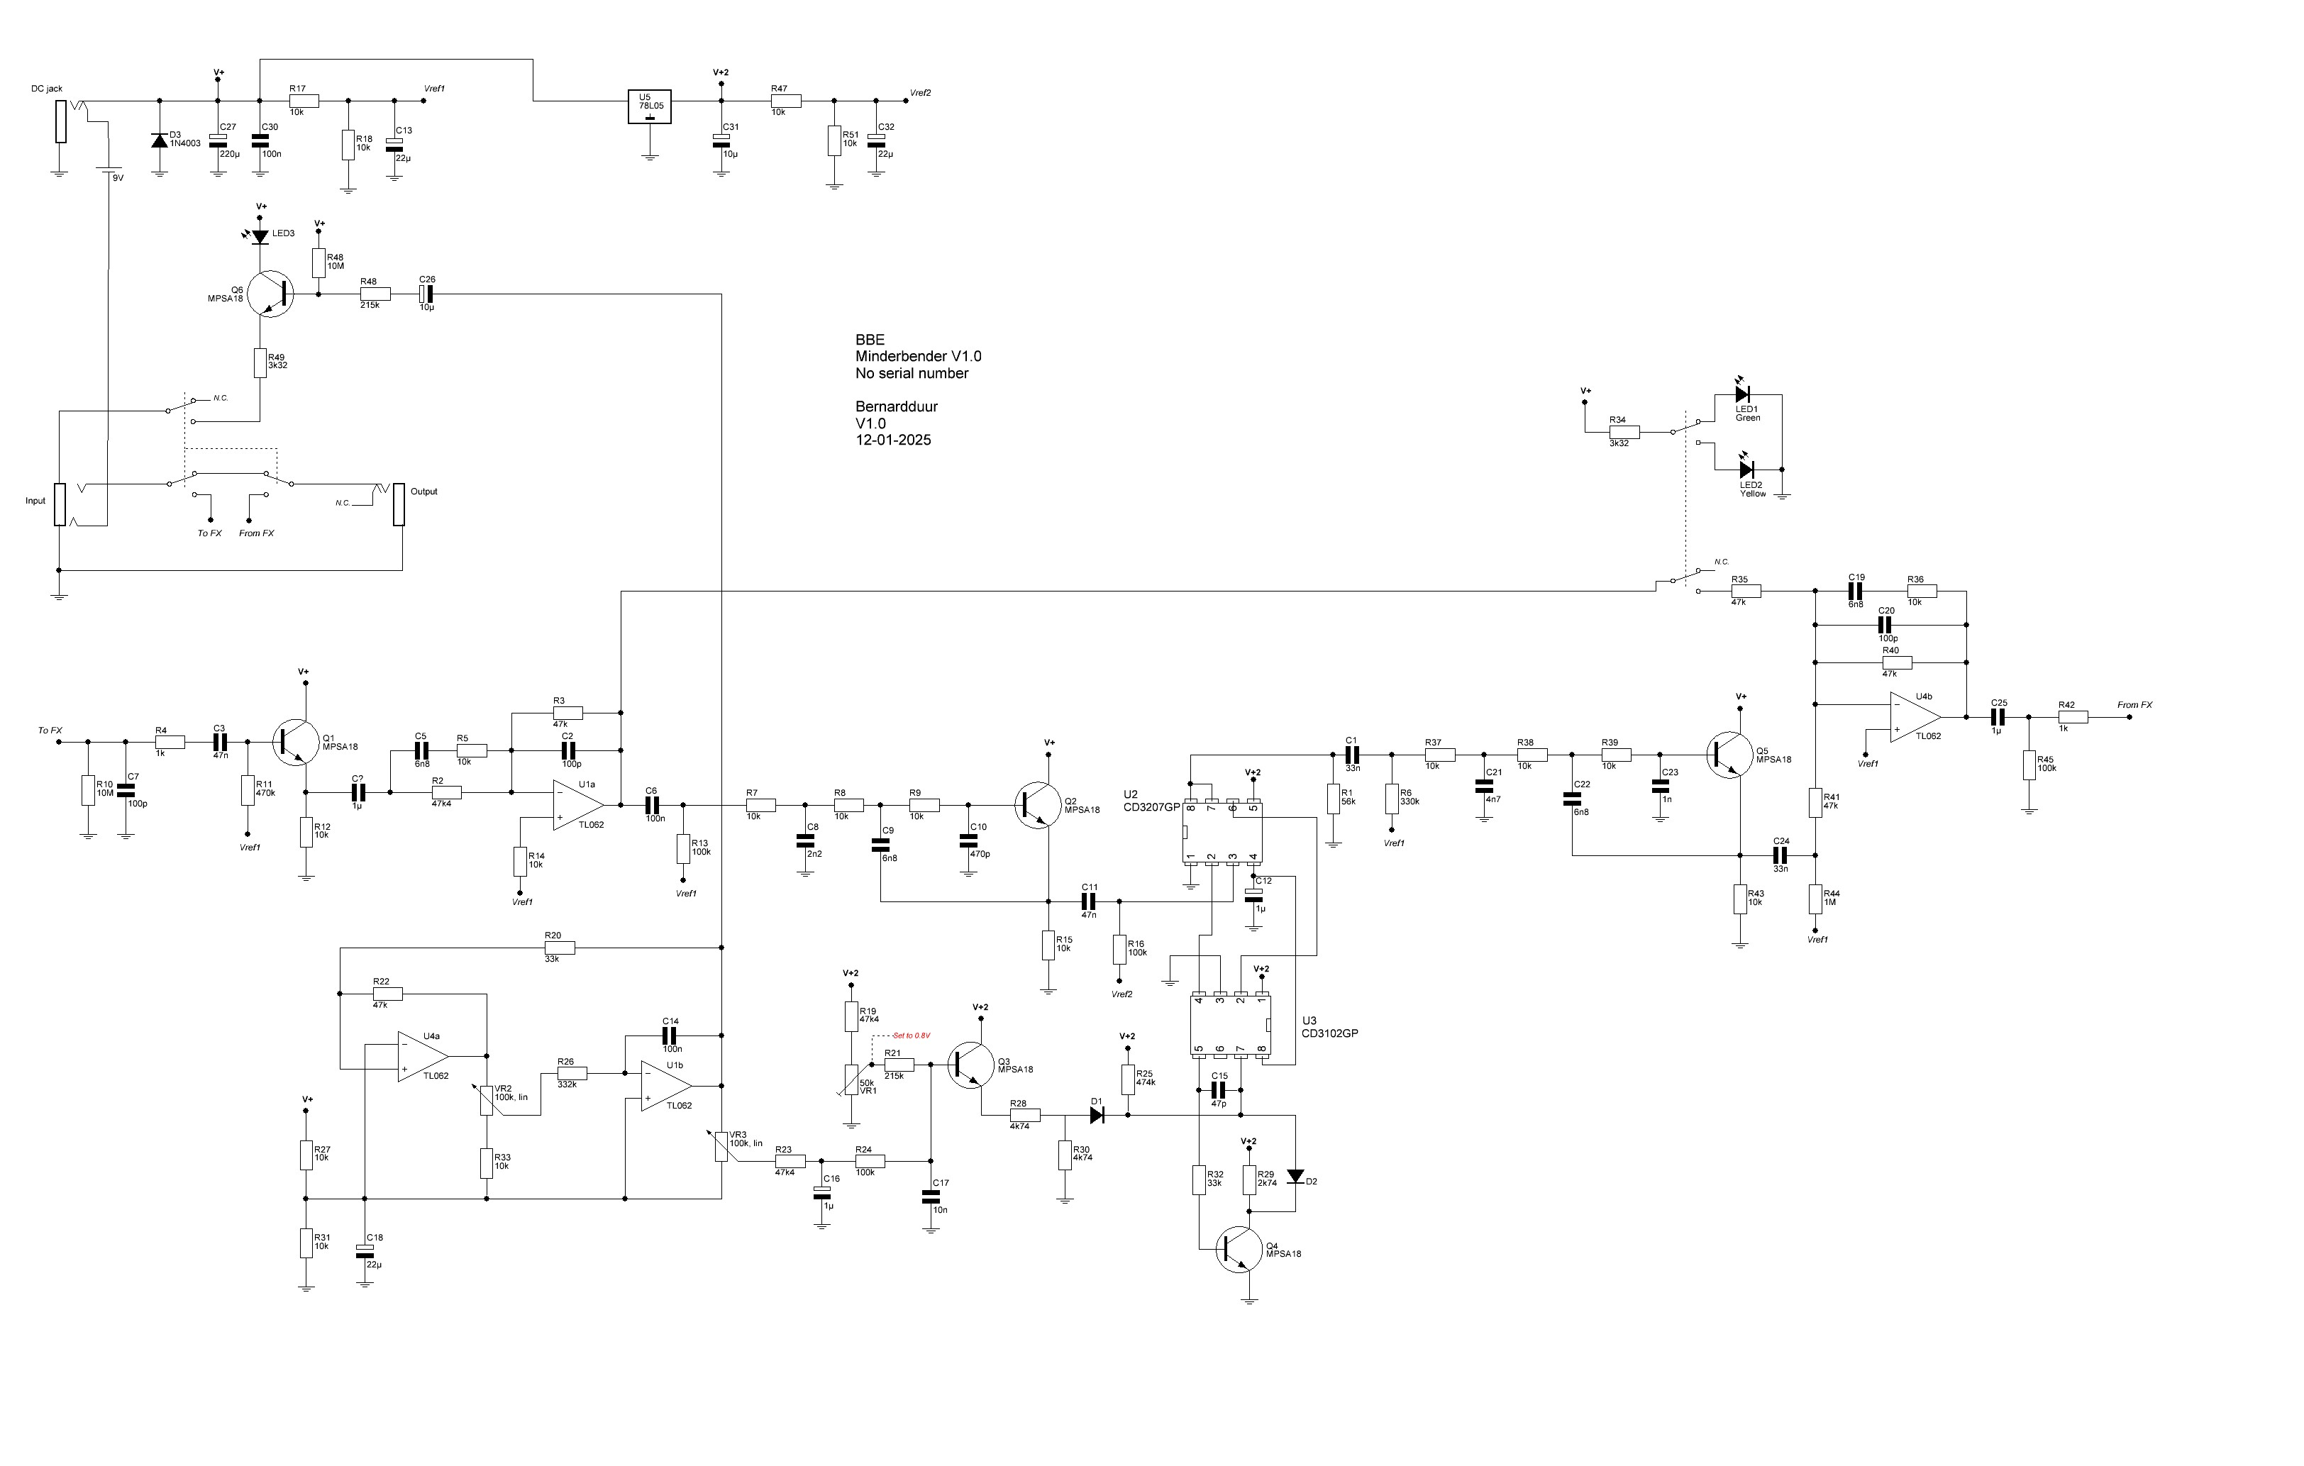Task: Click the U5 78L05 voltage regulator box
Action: click(x=650, y=107)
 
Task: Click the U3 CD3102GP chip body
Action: click(x=1231, y=1025)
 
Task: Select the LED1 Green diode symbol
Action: click(x=1741, y=394)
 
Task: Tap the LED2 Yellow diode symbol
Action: click(x=1745, y=469)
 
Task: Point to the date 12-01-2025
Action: click(x=892, y=440)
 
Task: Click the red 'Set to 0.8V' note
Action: click(x=911, y=1035)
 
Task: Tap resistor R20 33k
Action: click(x=560, y=948)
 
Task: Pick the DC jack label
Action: click(x=46, y=89)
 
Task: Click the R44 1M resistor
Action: click(x=1815, y=899)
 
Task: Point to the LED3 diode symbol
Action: click(x=260, y=235)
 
